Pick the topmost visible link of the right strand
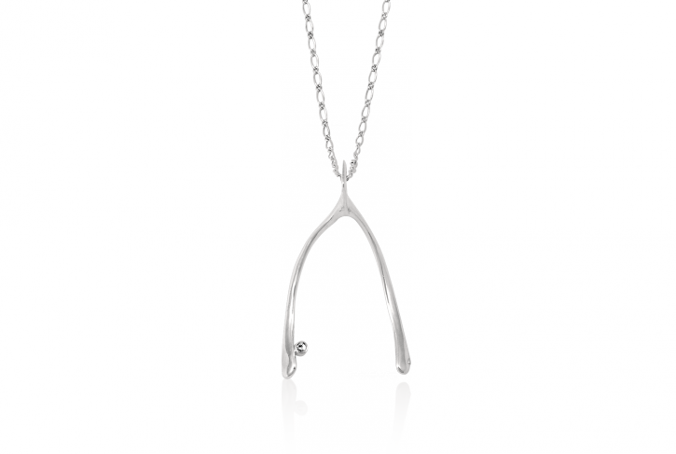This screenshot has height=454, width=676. [381, 5]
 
